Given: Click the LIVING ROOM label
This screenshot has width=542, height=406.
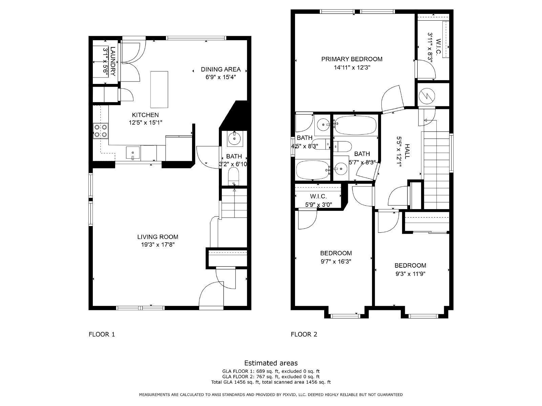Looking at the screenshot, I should [158, 237].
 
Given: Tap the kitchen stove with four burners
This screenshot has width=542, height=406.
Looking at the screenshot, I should [101, 131].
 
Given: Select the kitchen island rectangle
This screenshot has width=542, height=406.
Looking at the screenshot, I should [159, 89].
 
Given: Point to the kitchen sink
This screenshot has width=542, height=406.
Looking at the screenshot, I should [133, 153].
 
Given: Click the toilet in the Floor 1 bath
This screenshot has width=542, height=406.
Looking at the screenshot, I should [234, 177].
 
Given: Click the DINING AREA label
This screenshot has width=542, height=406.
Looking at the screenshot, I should [221, 69].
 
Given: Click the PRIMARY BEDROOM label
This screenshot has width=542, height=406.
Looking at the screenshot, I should [352, 59].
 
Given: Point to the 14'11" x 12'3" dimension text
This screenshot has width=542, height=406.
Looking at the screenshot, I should [352, 67].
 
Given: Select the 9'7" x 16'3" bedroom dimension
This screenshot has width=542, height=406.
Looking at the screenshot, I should [336, 261].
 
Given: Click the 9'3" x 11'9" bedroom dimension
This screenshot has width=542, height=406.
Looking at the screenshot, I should [410, 274].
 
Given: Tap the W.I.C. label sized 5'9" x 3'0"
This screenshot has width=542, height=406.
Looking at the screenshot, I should [318, 197].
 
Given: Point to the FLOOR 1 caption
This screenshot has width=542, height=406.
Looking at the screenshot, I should [102, 334].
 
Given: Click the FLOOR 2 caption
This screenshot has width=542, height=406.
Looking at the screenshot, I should [304, 334].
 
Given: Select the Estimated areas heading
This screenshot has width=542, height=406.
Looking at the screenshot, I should [271, 363].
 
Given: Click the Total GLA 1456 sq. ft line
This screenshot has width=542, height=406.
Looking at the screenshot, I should [271, 382].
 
